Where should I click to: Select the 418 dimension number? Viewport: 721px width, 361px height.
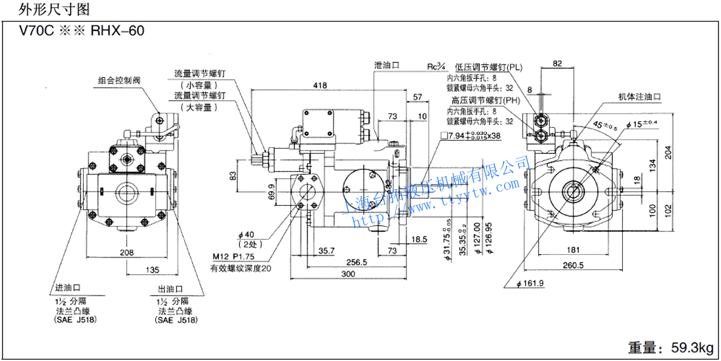tap(320, 86)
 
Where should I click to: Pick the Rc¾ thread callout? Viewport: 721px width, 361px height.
tap(436, 66)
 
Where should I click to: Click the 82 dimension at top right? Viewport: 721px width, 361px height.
tap(558, 64)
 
